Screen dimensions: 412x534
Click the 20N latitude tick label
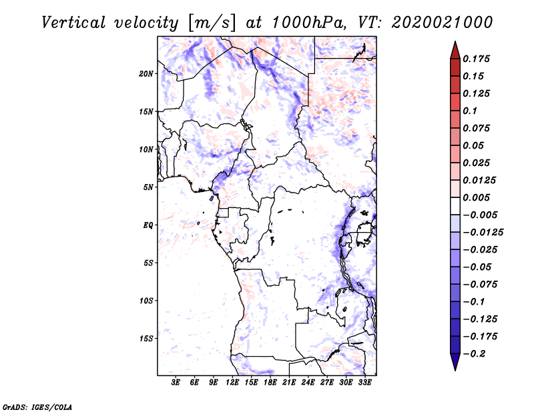pos(146,73)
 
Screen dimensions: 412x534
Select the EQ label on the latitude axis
pos(148,225)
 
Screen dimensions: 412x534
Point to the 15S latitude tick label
pos(146,339)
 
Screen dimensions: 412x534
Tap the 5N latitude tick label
pos(148,187)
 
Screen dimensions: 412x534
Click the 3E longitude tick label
pos(176,383)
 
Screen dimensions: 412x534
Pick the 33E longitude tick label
pos(364,383)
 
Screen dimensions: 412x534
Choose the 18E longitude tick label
pos(270,383)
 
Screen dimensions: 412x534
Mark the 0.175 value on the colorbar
pos(478,59)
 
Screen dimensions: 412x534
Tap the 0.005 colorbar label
pos(478,198)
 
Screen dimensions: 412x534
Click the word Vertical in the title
pos(74,22)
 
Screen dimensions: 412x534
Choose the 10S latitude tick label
pos(146,301)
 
